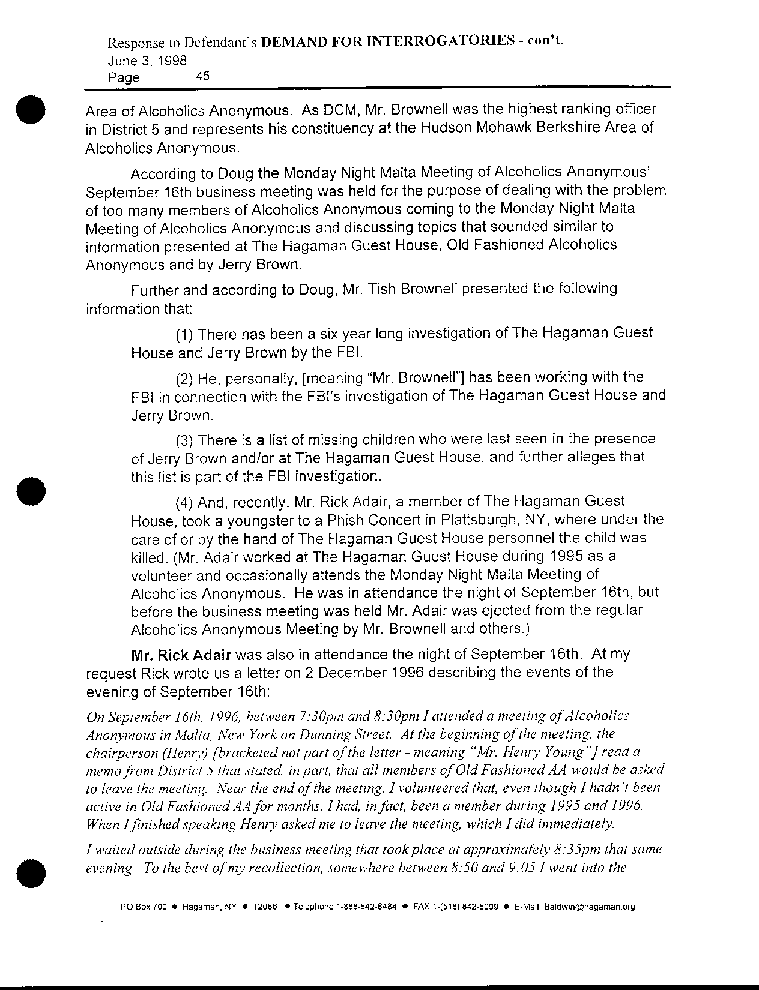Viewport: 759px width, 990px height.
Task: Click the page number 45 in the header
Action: pyautogui.click(x=202, y=76)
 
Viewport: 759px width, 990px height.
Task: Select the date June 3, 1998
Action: pyautogui.click(x=147, y=61)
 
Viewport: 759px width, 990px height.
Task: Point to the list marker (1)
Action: pyautogui.click(x=184, y=334)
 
